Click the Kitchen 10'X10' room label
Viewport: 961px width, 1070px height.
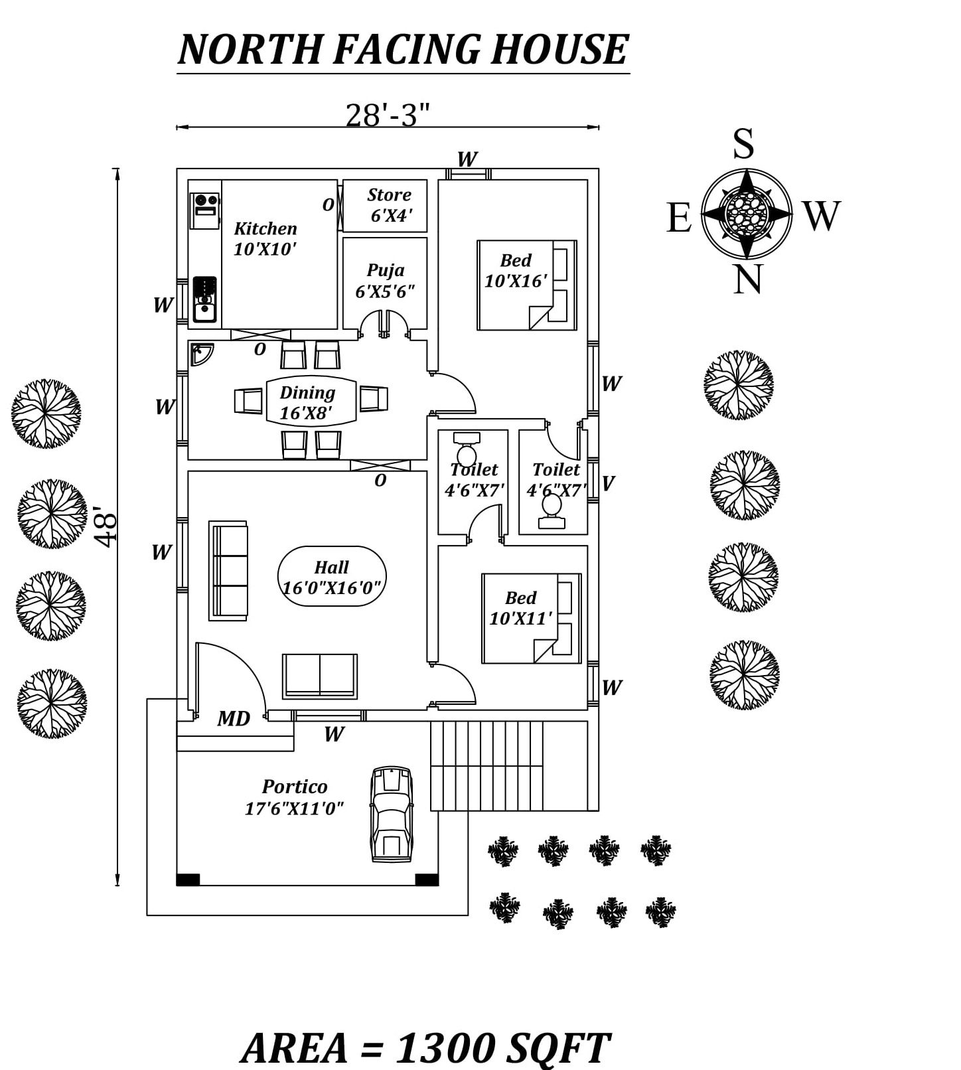click(265, 238)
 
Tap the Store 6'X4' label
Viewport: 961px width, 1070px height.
click(390, 204)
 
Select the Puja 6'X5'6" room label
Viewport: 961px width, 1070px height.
click(385, 280)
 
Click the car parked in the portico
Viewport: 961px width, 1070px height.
click(392, 814)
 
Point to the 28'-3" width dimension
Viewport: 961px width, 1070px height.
click(388, 115)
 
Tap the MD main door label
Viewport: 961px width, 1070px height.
click(234, 718)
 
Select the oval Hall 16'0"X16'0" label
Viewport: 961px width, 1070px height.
click(332, 577)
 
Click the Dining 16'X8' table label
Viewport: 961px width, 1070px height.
click(307, 402)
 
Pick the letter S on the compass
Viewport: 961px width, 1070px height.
click(743, 143)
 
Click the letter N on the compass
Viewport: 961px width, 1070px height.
click(747, 279)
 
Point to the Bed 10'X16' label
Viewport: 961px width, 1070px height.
click(516, 270)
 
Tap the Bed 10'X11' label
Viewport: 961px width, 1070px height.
click(520, 607)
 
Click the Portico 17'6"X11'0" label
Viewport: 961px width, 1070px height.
click(294, 797)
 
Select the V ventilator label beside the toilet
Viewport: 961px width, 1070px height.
click(607, 483)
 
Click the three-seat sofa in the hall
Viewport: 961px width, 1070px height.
click(228, 570)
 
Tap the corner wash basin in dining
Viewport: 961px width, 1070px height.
click(201, 354)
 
